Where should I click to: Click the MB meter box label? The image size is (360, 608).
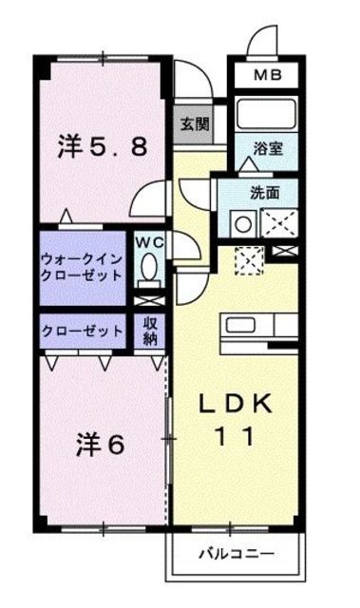[x=267, y=75]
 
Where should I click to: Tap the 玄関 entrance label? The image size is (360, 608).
[x=195, y=124]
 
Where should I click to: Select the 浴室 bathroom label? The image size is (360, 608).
[x=268, y=148]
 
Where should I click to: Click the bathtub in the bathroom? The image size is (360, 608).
[x=266, y=114]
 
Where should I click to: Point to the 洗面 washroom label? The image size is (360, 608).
[x=265, y=192]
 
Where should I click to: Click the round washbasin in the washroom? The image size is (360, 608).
[x=243, y=224]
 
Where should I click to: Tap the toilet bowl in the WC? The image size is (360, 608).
[x=148, y=267]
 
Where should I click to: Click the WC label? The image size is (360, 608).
[x=149, y=242]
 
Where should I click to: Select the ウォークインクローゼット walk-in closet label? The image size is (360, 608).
[x=82, y=268]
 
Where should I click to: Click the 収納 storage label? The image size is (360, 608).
[x=149, y=332]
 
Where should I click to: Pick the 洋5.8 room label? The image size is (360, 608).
[x=103, y=147]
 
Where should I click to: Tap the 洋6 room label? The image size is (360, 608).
[x=101, y=445]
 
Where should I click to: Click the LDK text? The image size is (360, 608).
[x=235, y=405]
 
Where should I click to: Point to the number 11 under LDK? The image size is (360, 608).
[x=235, y=436]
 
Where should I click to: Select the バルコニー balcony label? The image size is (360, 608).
[x=237, y=553]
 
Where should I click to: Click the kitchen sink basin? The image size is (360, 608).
[x=240, y=325]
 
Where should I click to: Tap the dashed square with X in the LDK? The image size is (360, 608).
[x=250, y=260]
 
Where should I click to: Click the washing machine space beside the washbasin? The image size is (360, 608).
[x=279, y=222]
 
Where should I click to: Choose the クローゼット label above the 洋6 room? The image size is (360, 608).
[x=82, y=332]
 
